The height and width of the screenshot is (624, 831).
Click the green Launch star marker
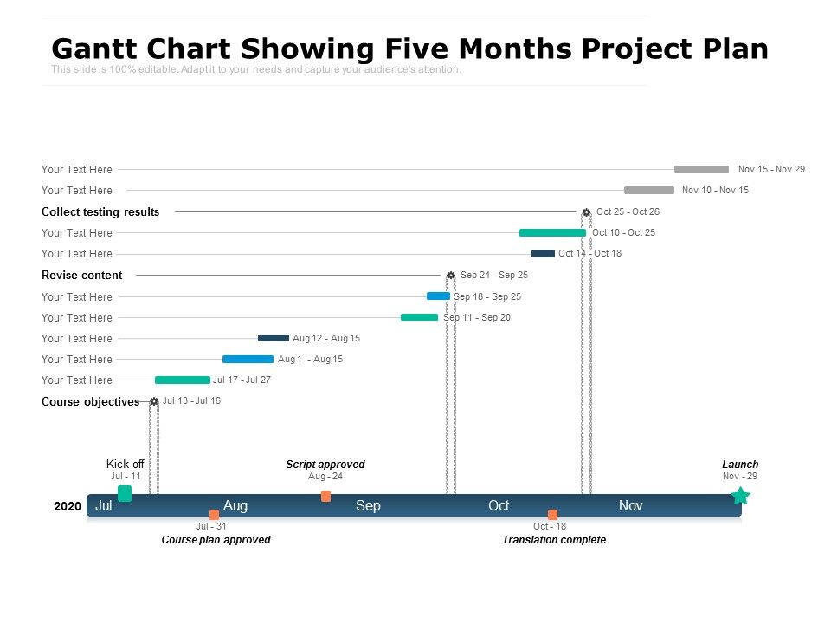[740, 496]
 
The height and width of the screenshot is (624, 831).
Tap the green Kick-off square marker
[125, 493]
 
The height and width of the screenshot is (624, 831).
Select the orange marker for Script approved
[325, 496]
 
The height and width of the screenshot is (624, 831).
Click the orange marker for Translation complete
[552, 515]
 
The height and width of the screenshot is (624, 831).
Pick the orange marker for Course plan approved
[214, 515]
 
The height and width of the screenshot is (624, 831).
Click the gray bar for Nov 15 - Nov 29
[701, 170]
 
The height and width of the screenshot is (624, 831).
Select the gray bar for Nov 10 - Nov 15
[648, 191]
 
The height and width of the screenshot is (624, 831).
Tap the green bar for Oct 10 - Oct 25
[552, 232]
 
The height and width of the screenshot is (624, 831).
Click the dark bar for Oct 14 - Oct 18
[543, 254]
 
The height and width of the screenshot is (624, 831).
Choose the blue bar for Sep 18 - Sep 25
[438, 296]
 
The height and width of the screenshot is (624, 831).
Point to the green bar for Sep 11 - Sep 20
[419, 317]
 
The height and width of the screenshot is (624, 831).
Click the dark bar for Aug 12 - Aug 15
[274, 338]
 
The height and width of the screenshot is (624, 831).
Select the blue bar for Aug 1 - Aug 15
[248, 359]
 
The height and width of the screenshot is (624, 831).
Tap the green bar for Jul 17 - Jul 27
[182, 380]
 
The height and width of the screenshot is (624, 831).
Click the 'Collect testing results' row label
[100, 212]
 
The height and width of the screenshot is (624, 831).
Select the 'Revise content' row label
[82, 276]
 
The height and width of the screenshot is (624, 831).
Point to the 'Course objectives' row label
[90, 402]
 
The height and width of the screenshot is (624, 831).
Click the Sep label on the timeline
[368, 505]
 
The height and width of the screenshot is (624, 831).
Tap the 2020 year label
[68, 506]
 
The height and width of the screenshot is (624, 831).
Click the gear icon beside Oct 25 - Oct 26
[586, 212]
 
